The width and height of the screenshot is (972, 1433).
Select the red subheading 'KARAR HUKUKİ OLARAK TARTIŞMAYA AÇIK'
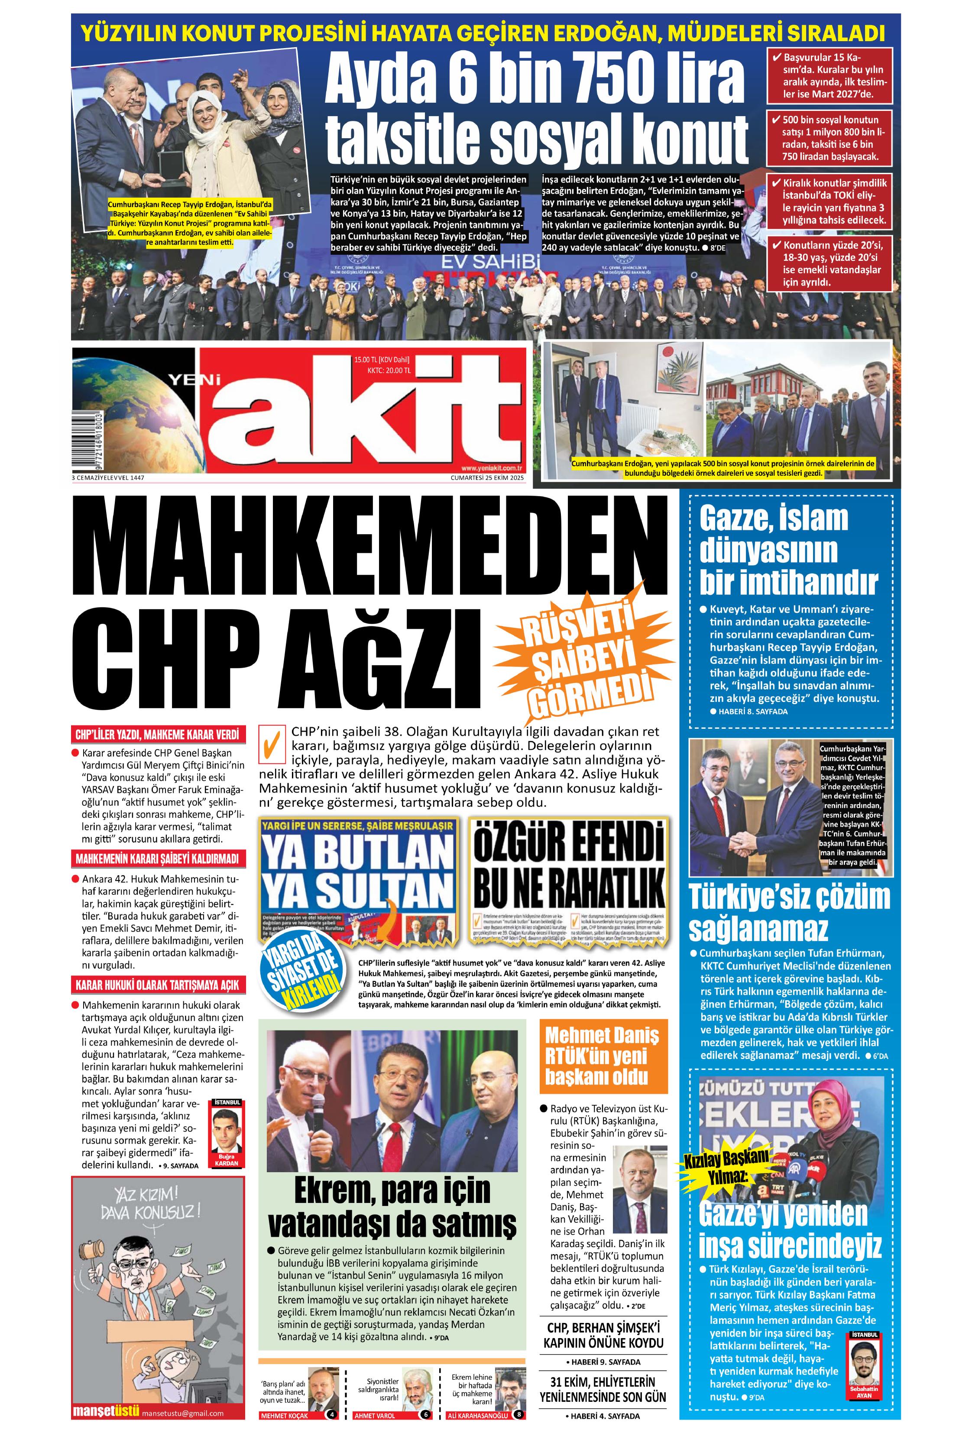[x=157, y=985]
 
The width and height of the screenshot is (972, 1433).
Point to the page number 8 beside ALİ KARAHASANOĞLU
[x=520, y=1414]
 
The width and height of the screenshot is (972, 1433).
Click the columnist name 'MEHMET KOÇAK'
[x=284, y=1416]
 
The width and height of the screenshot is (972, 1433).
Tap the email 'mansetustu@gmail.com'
[x=182, y=1413]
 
